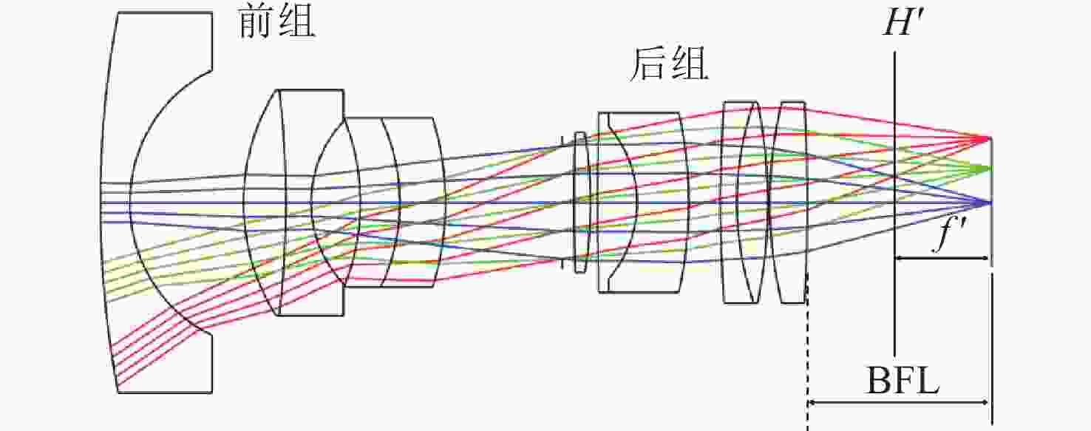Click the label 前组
[x=276, y=24]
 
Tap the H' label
[x=904, y=23]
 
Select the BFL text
[x=903, y=380]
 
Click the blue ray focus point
[x=988, y=203]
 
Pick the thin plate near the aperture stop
[x=580, y=202]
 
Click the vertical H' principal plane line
[x=894, y=204]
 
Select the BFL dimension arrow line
[x=897, y=403]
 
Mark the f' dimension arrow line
[x=942, y=258]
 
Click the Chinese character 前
[x=256, y=24]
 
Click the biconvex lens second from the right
[x=745, y=203]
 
